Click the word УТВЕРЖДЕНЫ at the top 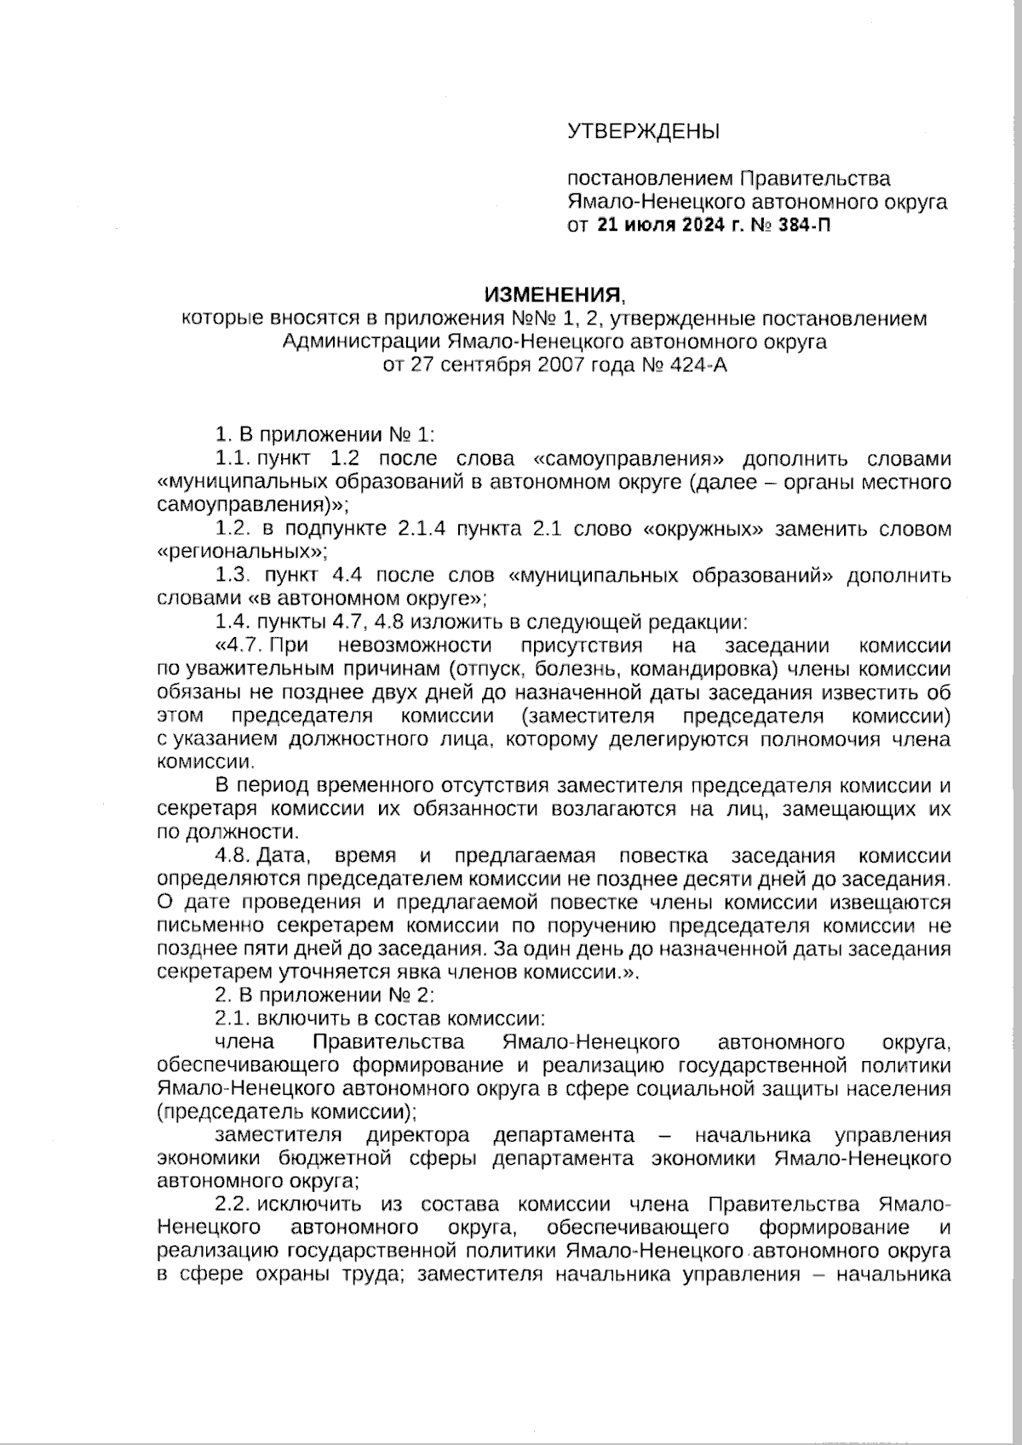click(643, 131)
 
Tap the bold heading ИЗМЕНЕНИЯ click(553, 295)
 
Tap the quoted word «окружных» click(703, 529)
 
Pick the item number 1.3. click(231, 576)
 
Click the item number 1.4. click(231, 622)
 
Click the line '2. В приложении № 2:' click(324, 995)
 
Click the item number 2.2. click(231, 1204)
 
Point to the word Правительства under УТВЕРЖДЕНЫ click(815, 179)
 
